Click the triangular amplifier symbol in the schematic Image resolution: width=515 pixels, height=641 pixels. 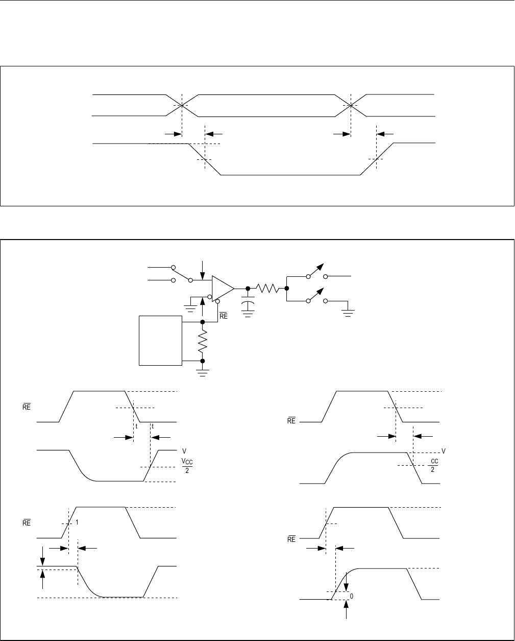(x=222, y=289)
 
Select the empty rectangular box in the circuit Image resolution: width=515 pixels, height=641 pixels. (x=160, y=340)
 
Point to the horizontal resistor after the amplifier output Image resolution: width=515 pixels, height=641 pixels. (x=268, y=289)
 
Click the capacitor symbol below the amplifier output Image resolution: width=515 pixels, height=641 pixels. (x=248, y=305)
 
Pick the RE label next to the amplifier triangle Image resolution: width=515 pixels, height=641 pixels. (x=223, y=316)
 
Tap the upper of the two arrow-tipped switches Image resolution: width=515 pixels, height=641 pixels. (x=316, y=271)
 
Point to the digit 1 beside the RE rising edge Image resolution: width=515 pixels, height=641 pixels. (x=77, y=523)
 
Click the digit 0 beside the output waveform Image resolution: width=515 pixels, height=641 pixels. (x=352, y=596)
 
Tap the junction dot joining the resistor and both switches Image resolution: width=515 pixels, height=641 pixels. (x=286, y=289)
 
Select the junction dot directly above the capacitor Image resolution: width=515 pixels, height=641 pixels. (x=248, y=289)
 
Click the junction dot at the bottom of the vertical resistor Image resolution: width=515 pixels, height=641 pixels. (x=203, y=361)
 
